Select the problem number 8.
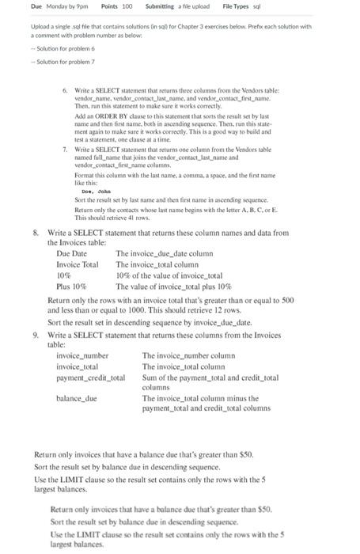(x=36, y=233)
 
